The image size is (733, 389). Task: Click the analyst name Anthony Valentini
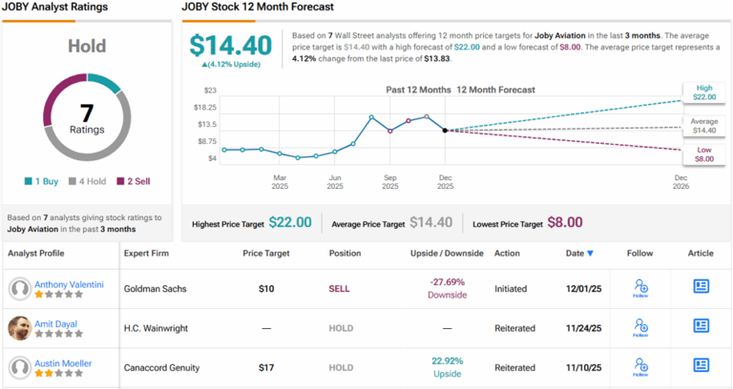pos(71,283)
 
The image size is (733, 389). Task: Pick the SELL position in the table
pos(341,288)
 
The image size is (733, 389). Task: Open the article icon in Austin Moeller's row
pos(701,365)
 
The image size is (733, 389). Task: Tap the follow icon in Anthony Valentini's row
pos(640,288)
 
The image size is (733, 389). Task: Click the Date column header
pos(578,253)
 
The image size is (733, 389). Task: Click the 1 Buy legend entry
pos(41,181)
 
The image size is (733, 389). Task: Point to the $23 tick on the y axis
pos(207,91)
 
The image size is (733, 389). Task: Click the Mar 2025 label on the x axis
pos(280,182)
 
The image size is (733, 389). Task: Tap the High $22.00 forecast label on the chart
pos(703,92)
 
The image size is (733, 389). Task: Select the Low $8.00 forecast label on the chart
pos(703,154)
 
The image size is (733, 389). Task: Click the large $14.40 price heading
pos(226,46)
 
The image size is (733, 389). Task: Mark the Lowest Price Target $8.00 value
pos(564,222)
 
